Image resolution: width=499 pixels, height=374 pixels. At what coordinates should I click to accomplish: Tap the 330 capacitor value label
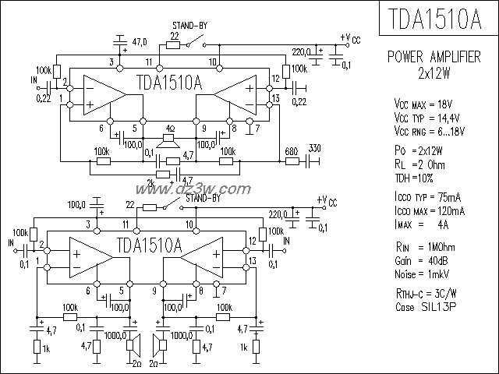[x=315, y=149]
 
